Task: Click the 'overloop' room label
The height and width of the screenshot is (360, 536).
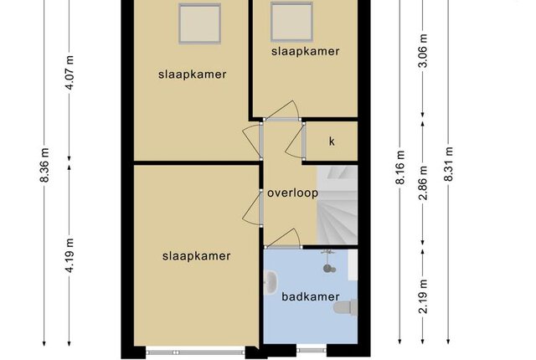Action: tap(292, 193)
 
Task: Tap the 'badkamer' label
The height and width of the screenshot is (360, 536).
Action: tap(311, 296)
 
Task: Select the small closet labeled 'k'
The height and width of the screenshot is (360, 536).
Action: tap(332, 141)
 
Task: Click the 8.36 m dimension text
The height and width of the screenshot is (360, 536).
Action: tap(45, 165)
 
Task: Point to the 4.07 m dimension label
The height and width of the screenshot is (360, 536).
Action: tap(70, 72)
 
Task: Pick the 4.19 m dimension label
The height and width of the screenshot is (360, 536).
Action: tap(70, 255)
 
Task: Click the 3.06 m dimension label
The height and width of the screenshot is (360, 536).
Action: tap(423, 51)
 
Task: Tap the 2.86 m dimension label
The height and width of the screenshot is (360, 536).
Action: tap(423, 183)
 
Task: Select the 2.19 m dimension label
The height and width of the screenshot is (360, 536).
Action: tap(423, 296)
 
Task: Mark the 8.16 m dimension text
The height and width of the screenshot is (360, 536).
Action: tap(400, 167)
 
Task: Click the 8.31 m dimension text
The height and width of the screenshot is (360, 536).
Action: tap(449, 164)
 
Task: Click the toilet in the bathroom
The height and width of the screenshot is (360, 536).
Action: tap(346, 306)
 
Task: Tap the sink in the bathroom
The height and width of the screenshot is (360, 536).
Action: tap(271, 282)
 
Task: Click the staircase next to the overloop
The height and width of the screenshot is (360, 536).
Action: tap(338, 205)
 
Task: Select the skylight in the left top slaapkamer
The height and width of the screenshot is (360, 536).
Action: tap(199, 23)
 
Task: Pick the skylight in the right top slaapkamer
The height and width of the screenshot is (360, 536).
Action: tap(291, 22)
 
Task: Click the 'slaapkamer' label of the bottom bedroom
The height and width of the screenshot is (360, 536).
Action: tap(196, 256)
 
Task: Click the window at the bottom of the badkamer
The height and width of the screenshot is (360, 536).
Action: tap(311, 350)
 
